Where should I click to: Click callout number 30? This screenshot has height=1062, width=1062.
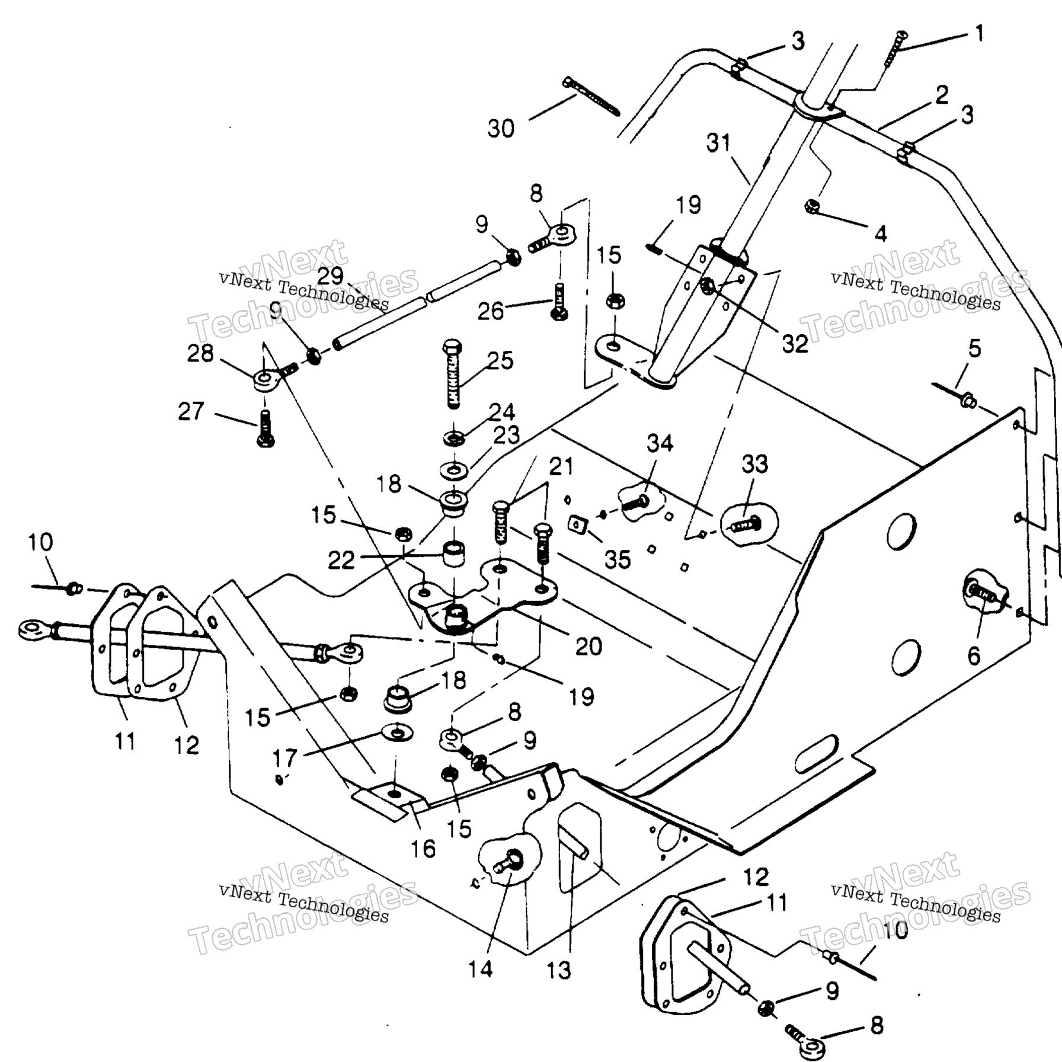pos(501,128)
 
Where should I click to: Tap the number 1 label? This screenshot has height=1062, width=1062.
pos(980,34)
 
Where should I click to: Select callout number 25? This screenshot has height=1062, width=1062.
pos(500,360)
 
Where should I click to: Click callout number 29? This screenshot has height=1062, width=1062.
pos(330,276)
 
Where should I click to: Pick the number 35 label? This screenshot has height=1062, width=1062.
pos(617,559)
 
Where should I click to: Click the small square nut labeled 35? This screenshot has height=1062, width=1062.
pos(577,524)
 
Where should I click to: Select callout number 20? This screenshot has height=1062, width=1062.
pos(588,646)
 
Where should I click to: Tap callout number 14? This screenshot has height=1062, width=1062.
pos(480,969)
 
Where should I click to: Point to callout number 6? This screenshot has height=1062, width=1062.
pos(974,656)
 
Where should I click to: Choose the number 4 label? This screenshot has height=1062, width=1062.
pos(881,233)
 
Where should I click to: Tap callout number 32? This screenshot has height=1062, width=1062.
pos(794,343)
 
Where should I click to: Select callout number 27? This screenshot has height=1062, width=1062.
pos(191,411)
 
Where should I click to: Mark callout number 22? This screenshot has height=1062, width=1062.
pos(341,559)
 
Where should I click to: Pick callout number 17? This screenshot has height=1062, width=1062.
pos(284,758)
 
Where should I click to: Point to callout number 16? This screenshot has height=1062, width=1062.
pos(423,849)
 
